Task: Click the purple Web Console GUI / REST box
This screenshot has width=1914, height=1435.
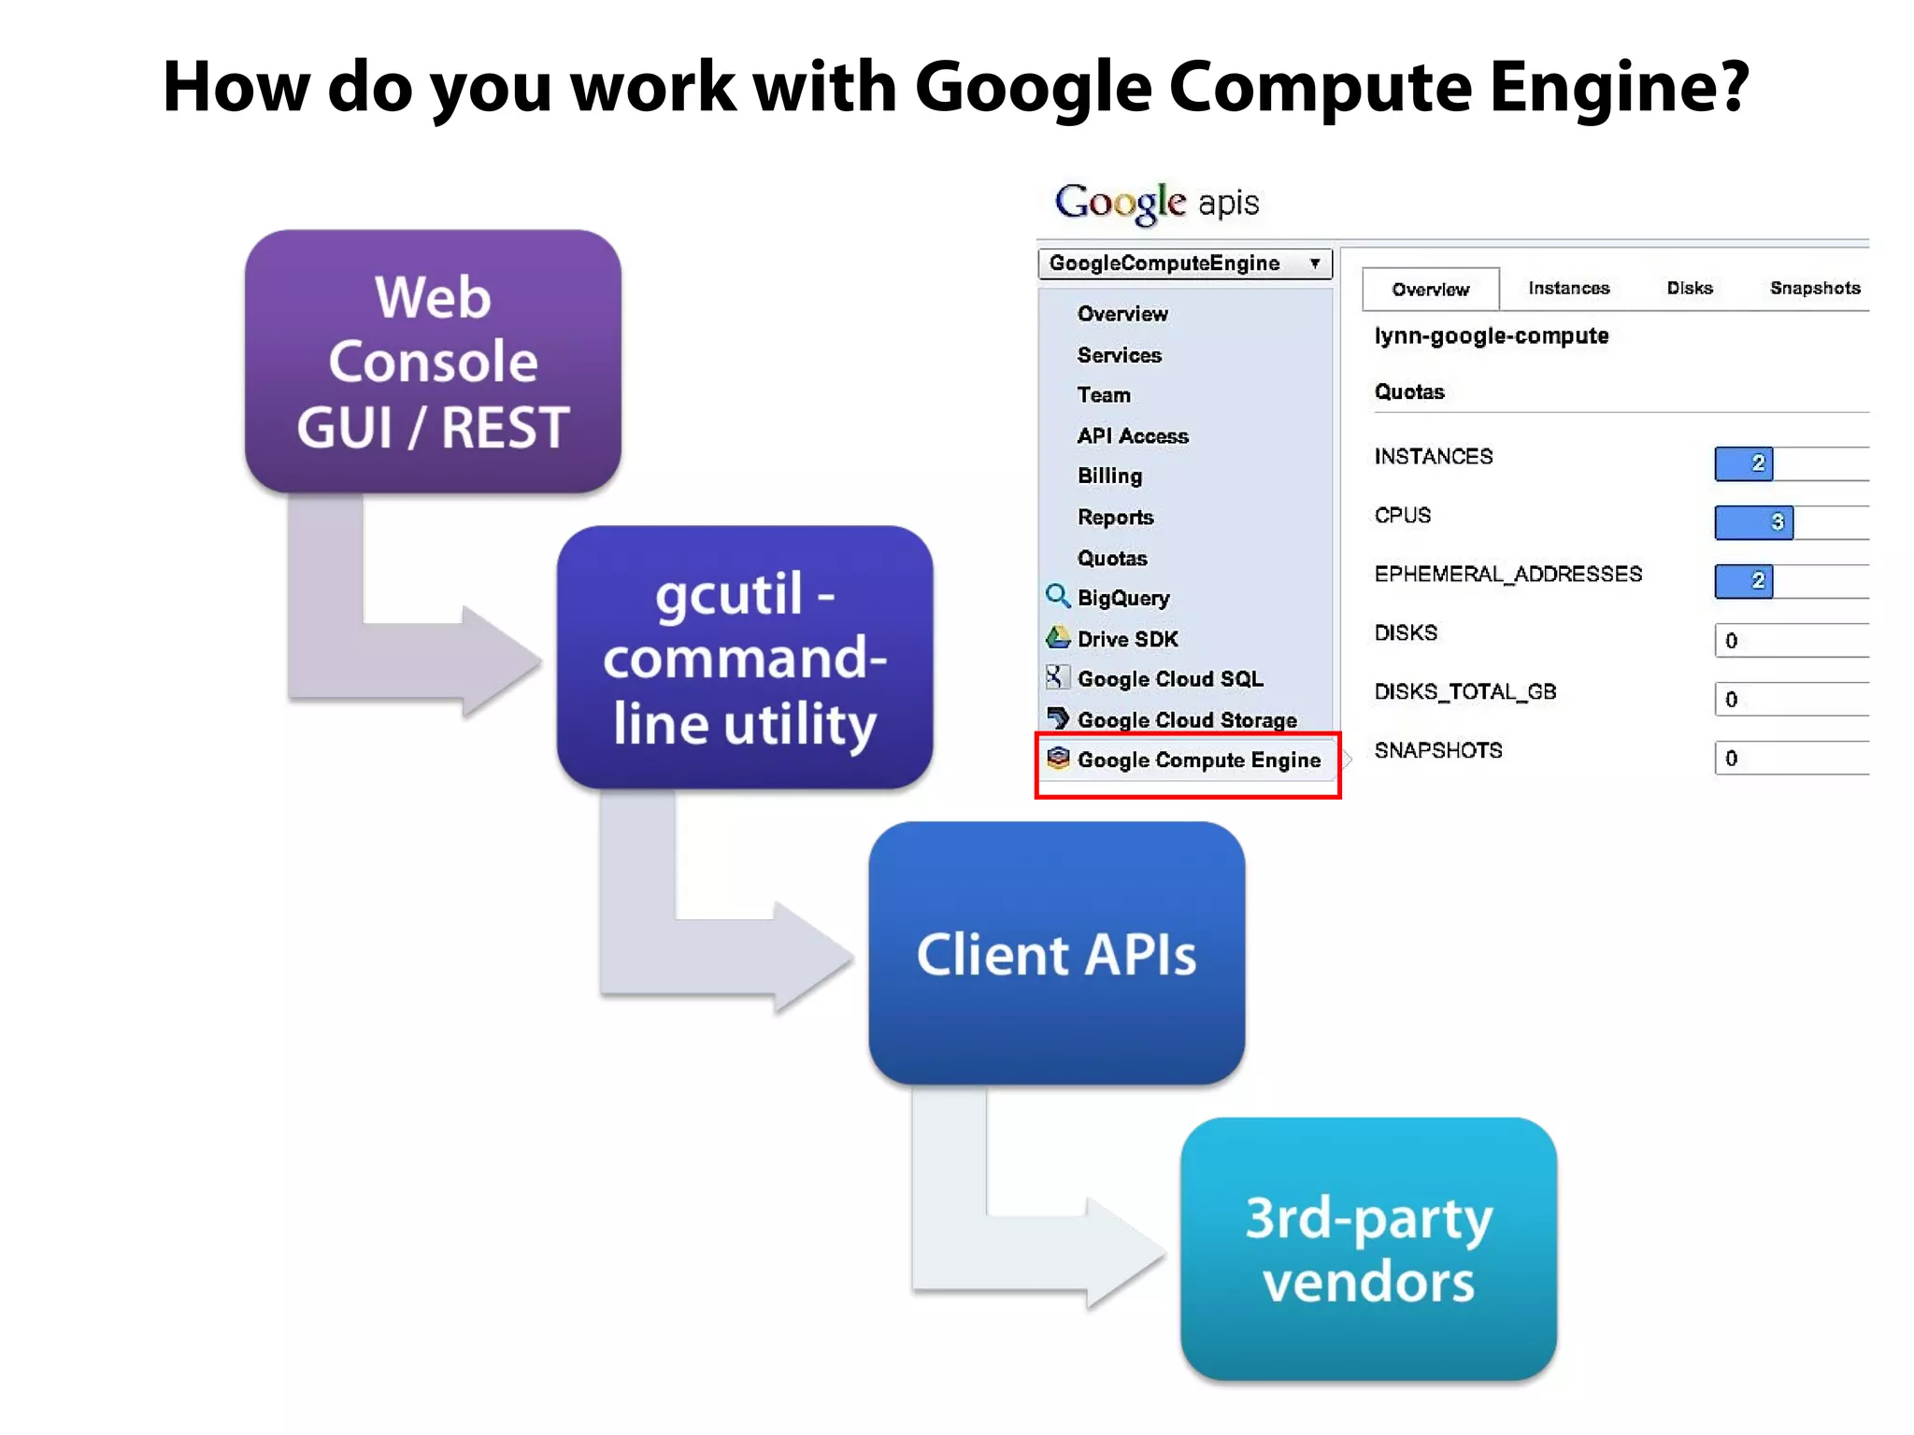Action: click(433, 362)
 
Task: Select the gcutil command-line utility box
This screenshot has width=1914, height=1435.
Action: click(744, 657)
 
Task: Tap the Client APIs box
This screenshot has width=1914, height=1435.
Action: click(1056, 953)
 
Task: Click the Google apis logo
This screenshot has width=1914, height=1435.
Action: click(1157, 202)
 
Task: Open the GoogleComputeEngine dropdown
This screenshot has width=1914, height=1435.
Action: click(1184, 263)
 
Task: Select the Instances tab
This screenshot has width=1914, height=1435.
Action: click(1568, 288)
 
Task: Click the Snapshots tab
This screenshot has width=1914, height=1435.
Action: click(1814, 288)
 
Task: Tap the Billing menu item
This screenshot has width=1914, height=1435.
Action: click(1109, 476)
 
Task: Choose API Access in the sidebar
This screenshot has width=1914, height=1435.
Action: click(1132, 435)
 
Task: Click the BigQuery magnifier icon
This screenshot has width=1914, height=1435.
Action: click(1057, 596)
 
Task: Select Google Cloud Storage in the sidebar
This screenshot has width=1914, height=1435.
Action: click(1186, 719)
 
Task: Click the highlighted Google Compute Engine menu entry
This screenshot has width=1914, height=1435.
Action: click(1197, 760)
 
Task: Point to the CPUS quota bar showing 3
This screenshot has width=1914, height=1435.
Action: click(1753, 522)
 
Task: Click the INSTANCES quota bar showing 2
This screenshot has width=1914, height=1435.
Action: click(1744, 463)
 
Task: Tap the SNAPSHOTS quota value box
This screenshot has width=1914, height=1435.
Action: click(1790, 758)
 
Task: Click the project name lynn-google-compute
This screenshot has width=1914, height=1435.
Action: click(1491, 336)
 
